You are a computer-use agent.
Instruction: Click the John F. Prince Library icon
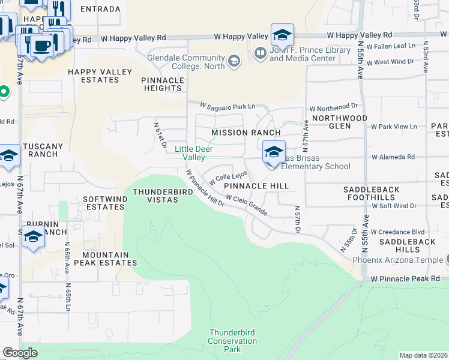(260, 54)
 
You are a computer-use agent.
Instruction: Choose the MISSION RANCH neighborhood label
(246, 133)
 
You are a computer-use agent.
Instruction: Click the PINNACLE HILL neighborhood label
(256, 187)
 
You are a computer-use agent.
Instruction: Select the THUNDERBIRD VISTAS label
(163, 196)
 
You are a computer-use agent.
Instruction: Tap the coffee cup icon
(41, 46)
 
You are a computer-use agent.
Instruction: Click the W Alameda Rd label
(393, 157)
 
